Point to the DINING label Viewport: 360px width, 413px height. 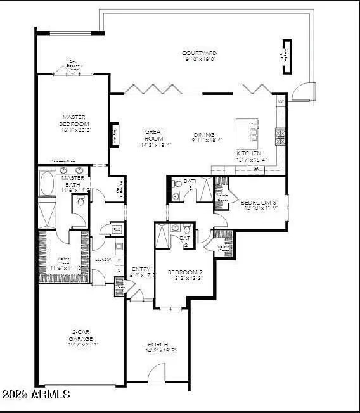pos(205,135)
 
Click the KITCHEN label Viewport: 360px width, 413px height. pos(248,153)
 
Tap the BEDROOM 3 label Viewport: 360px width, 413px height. pos(256,203)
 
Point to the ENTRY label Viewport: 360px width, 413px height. pos(140,269)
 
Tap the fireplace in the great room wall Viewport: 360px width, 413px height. pos(115,134)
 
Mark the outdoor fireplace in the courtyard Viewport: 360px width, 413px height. pos(285,57)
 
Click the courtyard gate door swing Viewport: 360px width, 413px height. pos(304,92)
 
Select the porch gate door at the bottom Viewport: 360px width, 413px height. pos(157,374)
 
